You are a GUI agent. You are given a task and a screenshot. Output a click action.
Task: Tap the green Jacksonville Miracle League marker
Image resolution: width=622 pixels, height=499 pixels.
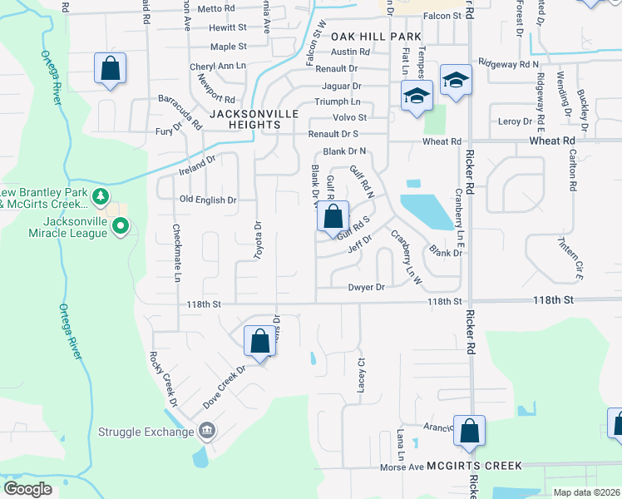121,225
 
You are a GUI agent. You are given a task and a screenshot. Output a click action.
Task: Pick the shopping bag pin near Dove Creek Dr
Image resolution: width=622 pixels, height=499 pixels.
259,341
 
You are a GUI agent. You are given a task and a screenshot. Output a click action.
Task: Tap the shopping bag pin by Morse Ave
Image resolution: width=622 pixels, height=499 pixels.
469,431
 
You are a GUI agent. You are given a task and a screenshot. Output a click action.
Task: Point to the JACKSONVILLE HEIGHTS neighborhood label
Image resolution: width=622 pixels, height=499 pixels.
244,119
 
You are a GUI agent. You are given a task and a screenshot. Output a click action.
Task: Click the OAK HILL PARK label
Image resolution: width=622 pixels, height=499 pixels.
376,37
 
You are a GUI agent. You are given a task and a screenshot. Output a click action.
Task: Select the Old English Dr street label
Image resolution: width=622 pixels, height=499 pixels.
209,200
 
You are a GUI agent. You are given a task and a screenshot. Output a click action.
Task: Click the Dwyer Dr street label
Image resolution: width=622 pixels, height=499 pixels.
367,288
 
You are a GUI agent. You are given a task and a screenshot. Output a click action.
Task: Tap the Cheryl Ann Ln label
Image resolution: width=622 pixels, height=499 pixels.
219,65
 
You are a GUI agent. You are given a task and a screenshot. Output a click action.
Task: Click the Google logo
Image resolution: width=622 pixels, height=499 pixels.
27,489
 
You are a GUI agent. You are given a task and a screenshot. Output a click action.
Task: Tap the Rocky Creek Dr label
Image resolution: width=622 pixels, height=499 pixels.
164,378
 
